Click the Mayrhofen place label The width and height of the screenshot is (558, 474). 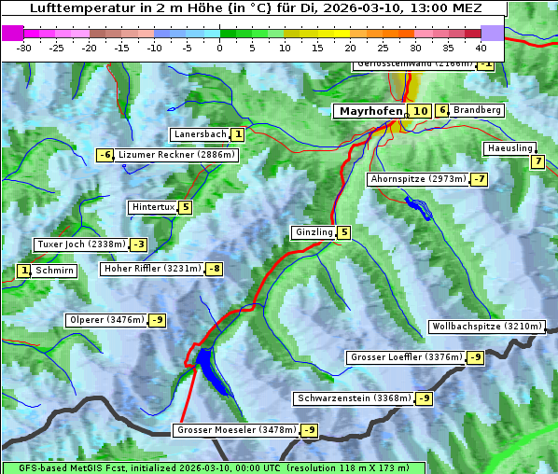(370, 111)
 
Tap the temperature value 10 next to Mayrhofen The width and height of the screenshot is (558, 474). (420, 111)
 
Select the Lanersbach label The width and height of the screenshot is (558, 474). (200, 134)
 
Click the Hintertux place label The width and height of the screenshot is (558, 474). (153, 207)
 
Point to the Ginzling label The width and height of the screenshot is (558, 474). (314, 232)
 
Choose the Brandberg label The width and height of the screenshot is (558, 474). (477, 110)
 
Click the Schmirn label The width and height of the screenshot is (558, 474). (55, 271)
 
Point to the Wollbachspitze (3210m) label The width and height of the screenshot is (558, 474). (486, 327)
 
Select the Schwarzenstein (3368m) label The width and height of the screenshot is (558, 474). (353, 398)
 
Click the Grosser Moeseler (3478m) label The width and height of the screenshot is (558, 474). (236, 430)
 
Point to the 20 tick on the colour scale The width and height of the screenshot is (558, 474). (350, 48)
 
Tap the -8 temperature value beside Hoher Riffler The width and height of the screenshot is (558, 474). (215, 269)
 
